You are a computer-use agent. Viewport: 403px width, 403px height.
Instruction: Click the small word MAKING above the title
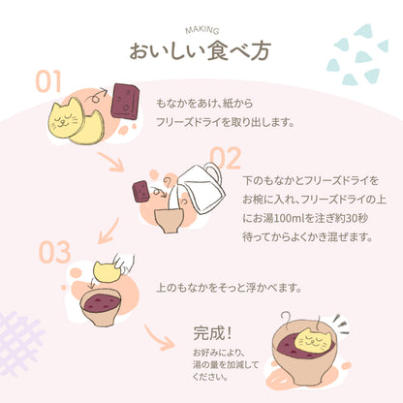pos(201,30)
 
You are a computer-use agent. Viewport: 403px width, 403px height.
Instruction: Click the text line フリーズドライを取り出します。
pos(224,123)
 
